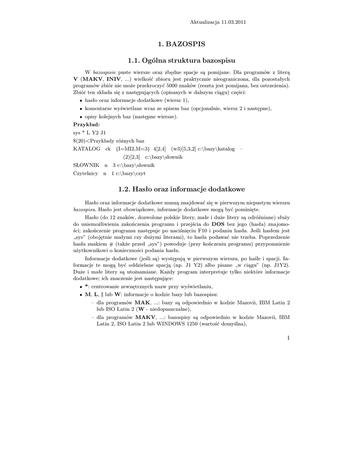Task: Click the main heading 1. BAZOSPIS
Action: tap(182, 44)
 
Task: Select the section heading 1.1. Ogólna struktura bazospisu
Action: tap(182, 60)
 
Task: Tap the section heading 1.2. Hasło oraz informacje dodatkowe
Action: tap(182, 188)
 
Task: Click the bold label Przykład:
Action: tap(86, 124)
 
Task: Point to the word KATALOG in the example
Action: tap(86, 148)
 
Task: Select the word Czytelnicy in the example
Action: tap(86, 173)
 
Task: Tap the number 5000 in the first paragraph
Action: tap(212, 85)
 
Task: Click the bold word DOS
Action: tap(218, 224)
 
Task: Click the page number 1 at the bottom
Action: tap(289, 337)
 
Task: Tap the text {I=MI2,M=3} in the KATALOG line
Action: tap(132, 148)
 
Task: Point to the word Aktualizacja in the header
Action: tap(204, 22)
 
